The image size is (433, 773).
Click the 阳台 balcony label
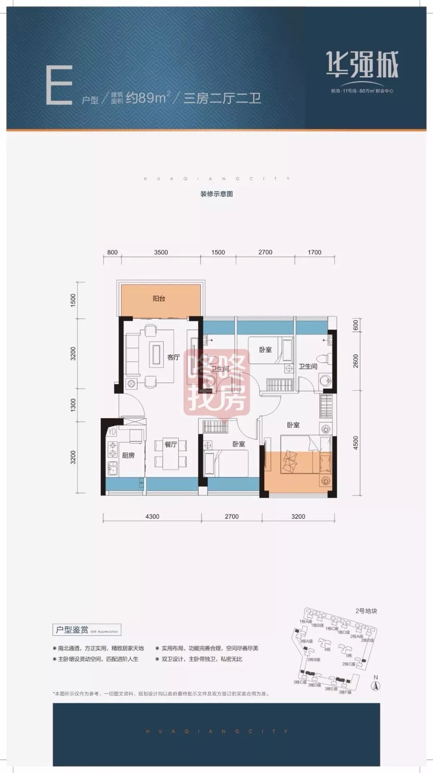click(159, 299)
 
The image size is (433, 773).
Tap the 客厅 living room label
click(174, 357)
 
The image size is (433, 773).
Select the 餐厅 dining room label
click(171, 444)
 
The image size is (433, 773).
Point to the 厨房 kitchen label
click(128, 455)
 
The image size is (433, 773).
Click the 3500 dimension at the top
click(161, 252)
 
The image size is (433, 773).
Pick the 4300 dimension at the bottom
click(152, 516)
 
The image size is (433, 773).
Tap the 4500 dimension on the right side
click(356, 444)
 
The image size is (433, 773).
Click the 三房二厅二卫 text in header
click(222, 98)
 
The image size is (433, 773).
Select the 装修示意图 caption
click(216, 194)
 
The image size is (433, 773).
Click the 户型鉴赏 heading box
click(87, 630)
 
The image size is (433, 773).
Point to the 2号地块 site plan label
click(366, 611)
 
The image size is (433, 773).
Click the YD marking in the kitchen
click(112, 432)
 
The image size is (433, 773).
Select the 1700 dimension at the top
click(315, 252)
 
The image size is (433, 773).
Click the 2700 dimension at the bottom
click(232, 516)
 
